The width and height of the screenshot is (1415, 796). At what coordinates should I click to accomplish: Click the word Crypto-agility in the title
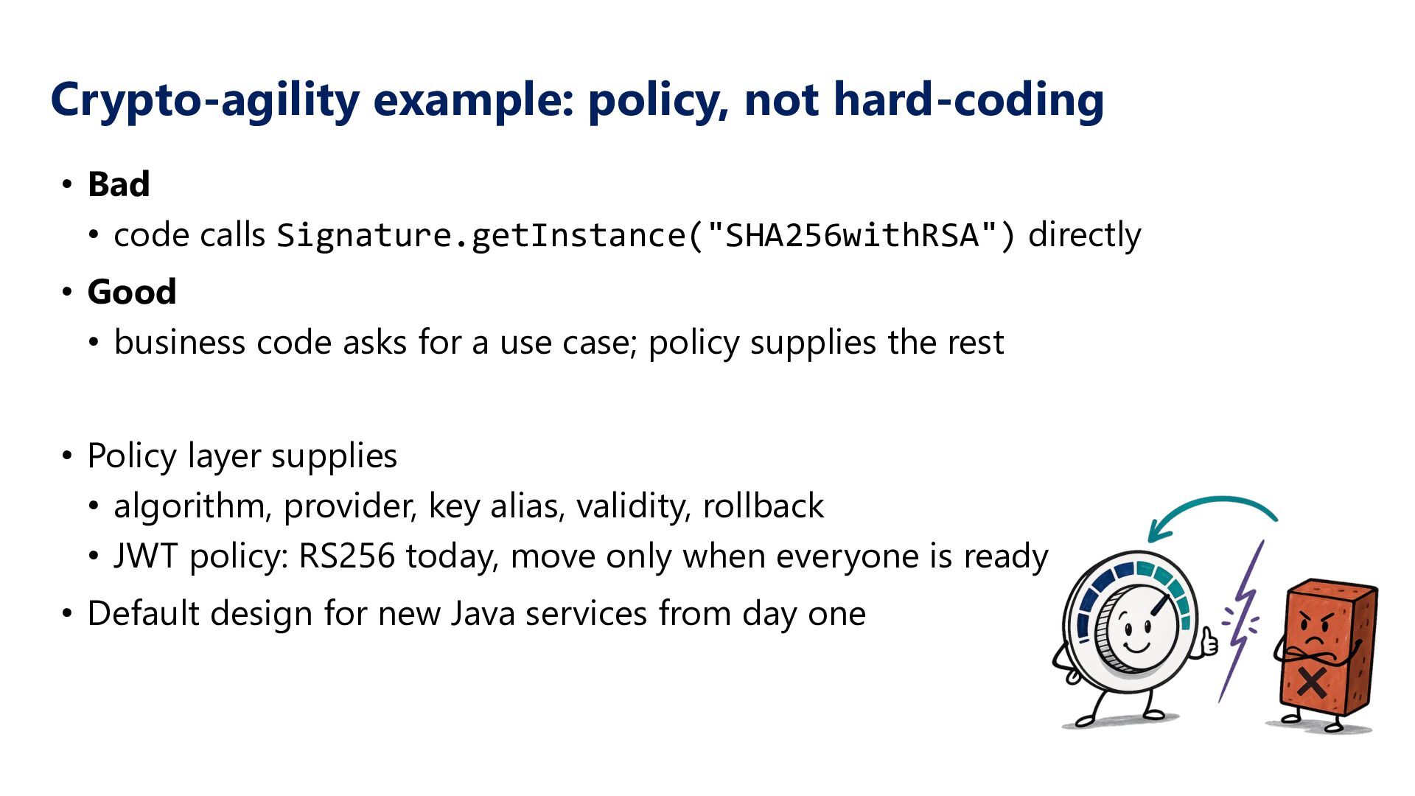[x=206, y=99]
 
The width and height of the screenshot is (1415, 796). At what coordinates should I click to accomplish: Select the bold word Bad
[x=119, y=184]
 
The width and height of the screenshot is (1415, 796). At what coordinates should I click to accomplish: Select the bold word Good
[x=132, y=292]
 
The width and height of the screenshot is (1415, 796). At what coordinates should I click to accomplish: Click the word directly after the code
[x=1084, y=236]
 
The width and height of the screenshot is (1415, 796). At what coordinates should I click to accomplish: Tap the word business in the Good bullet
[x=180, y=343]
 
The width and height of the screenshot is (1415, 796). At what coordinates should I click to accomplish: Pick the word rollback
[x=764, y=506]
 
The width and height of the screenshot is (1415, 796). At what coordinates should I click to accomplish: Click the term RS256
[x=346, y=556]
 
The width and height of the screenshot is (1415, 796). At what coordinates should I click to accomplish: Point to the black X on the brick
[x=1312, y=681]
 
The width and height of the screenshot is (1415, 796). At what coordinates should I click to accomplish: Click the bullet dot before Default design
[x=68, y=614]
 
